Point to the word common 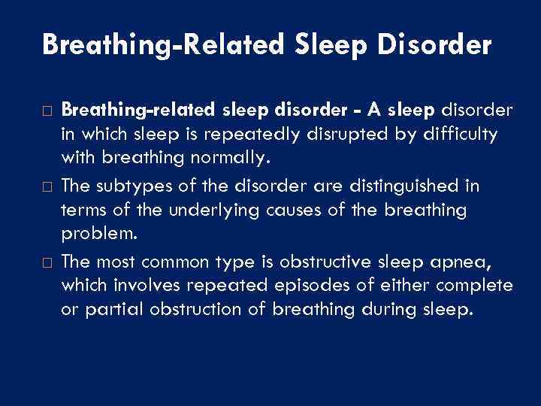[x=186, y=260]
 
